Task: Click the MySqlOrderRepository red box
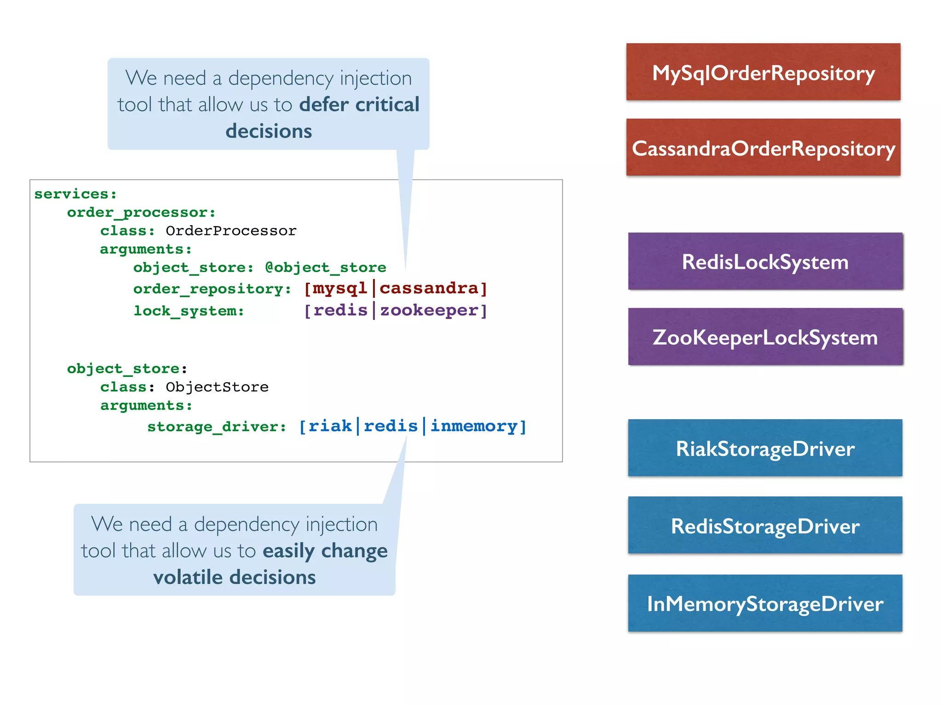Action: click(x=763, y=72)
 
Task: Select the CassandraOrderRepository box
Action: click(x=763, y=148)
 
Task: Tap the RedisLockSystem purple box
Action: click(x=765, y=262)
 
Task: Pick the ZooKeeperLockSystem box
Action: click(x=765, y=337)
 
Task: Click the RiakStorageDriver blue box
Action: click(x=765, y=448)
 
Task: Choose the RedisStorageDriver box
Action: click(x=765, y=525)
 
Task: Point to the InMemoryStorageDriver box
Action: click(x=765, y=603)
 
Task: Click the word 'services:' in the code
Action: click(x=75, y=194)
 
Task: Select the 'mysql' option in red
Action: click(x=340, y=289)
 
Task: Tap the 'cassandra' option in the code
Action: click(x=429, y=289)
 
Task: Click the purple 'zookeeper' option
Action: click(x=429, y=311)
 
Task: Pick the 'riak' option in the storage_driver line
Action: click(x=330, y=426)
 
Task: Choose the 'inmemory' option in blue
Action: click(x=474, y=426)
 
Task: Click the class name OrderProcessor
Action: click(x=231, y=231)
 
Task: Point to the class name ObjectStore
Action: click(x=217, y=387)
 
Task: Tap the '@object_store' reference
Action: click(x=326, y=268)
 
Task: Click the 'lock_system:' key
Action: click(x=189, y=311)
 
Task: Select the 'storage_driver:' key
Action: click(x=217, y=427)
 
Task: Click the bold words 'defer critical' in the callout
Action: click(x=359, y=105)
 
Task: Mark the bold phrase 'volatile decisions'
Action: click(x=235, y=577)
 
